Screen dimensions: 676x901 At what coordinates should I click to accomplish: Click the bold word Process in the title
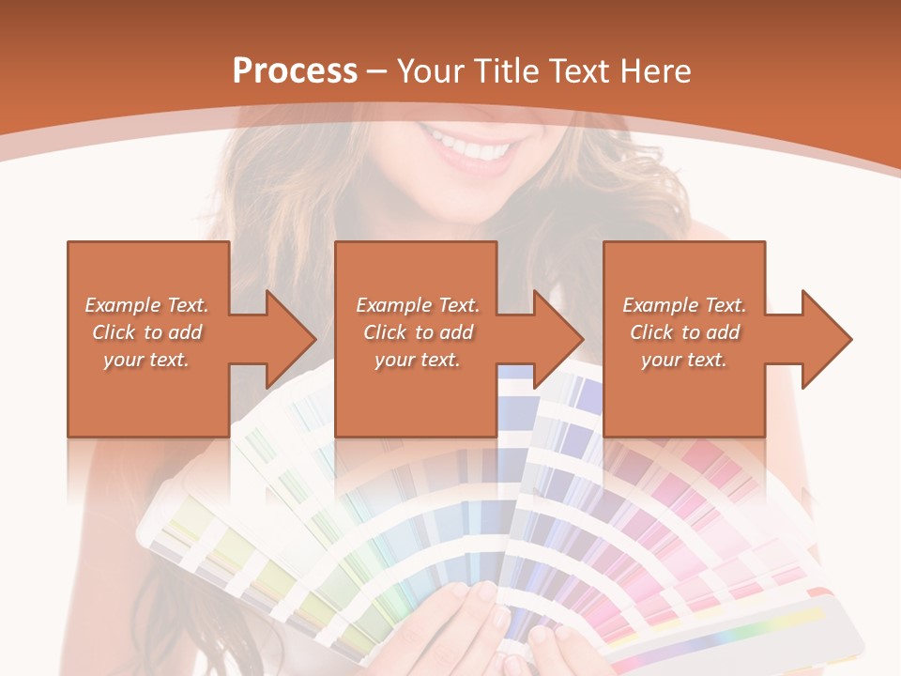[295, 71]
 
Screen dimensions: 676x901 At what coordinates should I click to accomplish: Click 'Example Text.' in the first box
[146, 305]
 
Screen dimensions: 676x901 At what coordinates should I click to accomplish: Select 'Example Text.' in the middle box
[418, 305]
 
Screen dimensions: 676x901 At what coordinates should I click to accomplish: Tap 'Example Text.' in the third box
[684, 305]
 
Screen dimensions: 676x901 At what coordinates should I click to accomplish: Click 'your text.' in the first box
[146, 360]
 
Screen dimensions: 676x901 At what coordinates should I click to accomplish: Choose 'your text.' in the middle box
[418, 360]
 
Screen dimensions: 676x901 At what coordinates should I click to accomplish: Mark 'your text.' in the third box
[684, 360]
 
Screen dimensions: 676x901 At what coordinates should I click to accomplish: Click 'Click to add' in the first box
[146, 332]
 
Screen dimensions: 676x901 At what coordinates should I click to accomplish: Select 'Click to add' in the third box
[684, 332]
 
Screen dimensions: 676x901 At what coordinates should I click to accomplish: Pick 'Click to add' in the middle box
[418, 332]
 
